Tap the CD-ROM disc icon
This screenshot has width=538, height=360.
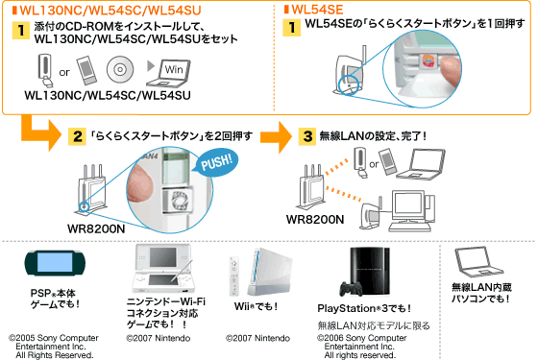click(120, 69)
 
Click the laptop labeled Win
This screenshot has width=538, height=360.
click(169, 73)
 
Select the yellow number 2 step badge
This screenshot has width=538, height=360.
click(77, 136)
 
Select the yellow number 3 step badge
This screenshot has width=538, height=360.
click(307, 136)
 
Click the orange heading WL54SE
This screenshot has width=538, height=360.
click(317, 10)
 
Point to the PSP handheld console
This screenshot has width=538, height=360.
click(55, 263)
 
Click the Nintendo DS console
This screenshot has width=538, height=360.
click(163, 268)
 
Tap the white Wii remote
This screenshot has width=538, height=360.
click(234, 276)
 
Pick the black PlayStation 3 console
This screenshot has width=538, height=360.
click(370, 271)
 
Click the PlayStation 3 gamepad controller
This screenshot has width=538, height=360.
click(351, 289)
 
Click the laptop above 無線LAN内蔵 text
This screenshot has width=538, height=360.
click(478, 262)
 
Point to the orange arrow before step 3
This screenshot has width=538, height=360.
click(277, 136)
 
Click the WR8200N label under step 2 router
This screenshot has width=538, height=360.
click(96, 228)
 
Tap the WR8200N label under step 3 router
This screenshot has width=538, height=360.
click(315, 220)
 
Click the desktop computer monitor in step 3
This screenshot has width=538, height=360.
click(408, 205)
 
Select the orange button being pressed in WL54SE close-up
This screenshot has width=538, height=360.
click(428, 61)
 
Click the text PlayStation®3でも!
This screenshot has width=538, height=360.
click(364, 308)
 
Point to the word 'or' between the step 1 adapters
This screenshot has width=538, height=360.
click(64, 72)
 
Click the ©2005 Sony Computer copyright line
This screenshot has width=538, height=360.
click(54, 338)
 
